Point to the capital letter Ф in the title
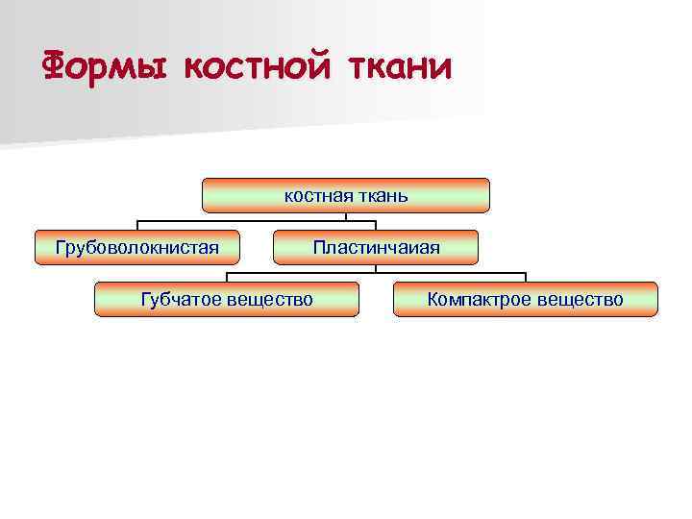(56, 66)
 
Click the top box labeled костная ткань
(346, 195)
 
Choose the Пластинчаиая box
(375, 247)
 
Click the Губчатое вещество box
(227, 299)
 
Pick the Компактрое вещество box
(525, 299)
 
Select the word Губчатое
(182, 299)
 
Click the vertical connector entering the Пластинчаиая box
(375, 225)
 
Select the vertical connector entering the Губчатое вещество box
(227, 277)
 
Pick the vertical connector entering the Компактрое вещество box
(525, 277)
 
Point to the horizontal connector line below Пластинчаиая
(376, 272)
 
